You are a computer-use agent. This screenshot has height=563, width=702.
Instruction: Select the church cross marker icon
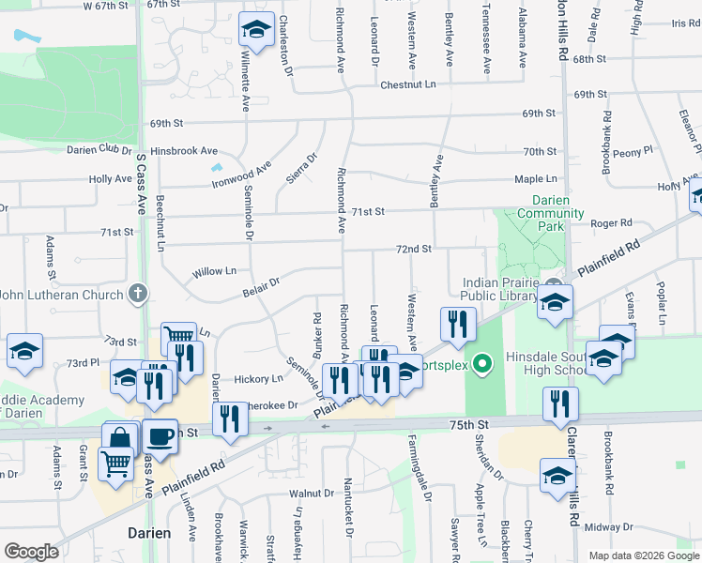coord(138,295)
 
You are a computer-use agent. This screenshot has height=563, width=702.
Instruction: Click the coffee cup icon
coord(160,436)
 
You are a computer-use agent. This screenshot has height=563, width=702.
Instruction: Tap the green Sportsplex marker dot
coord(482,362)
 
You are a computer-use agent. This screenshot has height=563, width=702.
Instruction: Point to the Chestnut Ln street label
coord(408,84)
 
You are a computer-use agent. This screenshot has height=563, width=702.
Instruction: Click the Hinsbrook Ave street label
coord(183,150)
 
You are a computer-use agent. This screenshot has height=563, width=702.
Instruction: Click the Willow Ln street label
coord(214,271)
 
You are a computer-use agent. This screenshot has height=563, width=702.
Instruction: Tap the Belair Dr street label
coord(261,282)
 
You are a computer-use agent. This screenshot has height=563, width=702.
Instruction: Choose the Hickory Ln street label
coord(258,379)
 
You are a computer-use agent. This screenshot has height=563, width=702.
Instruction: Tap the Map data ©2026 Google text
coord(643,555)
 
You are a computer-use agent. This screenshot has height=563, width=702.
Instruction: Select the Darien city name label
coord(149,533)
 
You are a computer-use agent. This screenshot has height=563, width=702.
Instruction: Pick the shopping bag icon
coord(122,438)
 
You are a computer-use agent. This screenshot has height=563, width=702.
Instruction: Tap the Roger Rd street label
coord(611,223)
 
